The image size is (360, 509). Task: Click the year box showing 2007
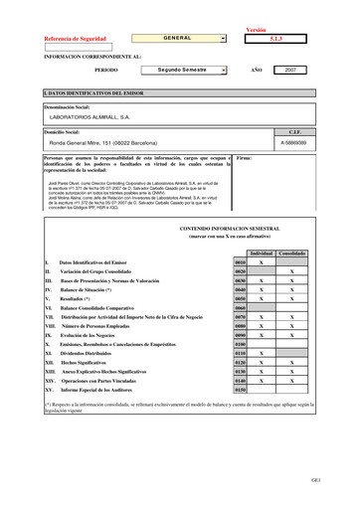click(x=291, y=71)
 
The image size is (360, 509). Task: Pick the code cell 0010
click(x=241, y=262)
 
